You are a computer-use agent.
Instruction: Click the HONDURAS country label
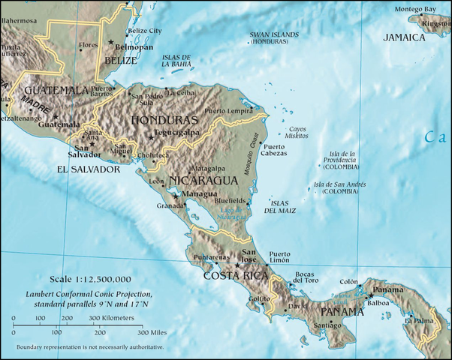click(x=164, y=120)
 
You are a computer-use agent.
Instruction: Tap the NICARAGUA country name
click(x=203, y=181)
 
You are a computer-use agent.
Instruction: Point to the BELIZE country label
click(x=121, y=60)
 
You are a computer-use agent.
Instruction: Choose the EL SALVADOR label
click(x=89, y=169)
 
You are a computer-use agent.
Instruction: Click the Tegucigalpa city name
click(x=177, y=133)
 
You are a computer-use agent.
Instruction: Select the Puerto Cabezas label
click(x=273, y=151)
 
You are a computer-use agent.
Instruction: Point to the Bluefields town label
click(x=230, y=201)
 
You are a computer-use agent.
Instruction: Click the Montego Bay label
click(x=416, y=9)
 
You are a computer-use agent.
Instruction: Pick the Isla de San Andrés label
click(x=340, y=188)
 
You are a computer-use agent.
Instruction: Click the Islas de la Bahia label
click(x=177, y=61)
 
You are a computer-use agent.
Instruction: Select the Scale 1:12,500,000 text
click(x=90, y=278)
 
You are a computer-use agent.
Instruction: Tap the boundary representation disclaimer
click(x=89, y=347)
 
